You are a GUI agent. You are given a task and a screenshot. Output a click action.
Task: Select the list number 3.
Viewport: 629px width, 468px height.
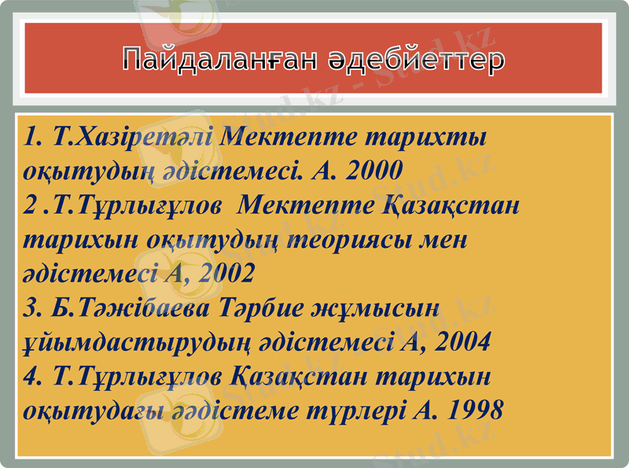pos(32,308)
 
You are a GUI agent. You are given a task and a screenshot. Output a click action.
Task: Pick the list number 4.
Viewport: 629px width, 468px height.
pos(32,377)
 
